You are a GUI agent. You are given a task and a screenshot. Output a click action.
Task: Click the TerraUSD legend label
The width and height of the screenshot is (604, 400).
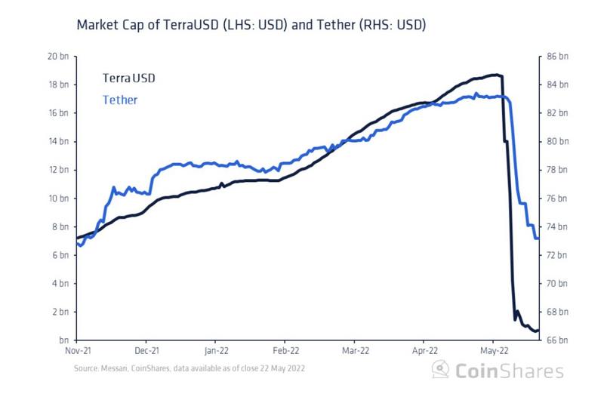click(x=130, y=78)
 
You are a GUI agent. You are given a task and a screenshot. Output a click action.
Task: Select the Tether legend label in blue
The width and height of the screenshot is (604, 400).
click(x=119, y=99)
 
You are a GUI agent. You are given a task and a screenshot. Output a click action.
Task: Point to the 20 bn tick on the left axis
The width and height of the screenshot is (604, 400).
click(x=57, y=57)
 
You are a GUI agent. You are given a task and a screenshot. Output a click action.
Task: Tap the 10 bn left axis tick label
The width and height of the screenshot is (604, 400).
click(x=57, y=198)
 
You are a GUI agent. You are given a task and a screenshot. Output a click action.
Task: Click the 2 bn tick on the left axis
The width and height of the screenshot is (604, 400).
click(x=60, y=312)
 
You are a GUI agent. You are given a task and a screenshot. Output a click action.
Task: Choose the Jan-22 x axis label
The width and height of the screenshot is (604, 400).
click(x=216, y=351)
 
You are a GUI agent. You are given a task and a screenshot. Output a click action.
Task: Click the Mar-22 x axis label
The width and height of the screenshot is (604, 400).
click(x=355, y=351)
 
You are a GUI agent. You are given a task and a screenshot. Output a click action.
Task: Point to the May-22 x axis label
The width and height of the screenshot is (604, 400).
click(x=493, y=351)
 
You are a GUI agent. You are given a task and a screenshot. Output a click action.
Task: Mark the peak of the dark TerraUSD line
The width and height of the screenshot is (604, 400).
click(x=496, y=75)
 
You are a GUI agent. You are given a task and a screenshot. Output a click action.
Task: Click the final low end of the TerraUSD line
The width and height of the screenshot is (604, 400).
click(x=537, y=331)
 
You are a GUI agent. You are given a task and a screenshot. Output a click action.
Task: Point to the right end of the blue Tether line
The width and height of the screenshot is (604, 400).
click(x=538, y=238)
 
